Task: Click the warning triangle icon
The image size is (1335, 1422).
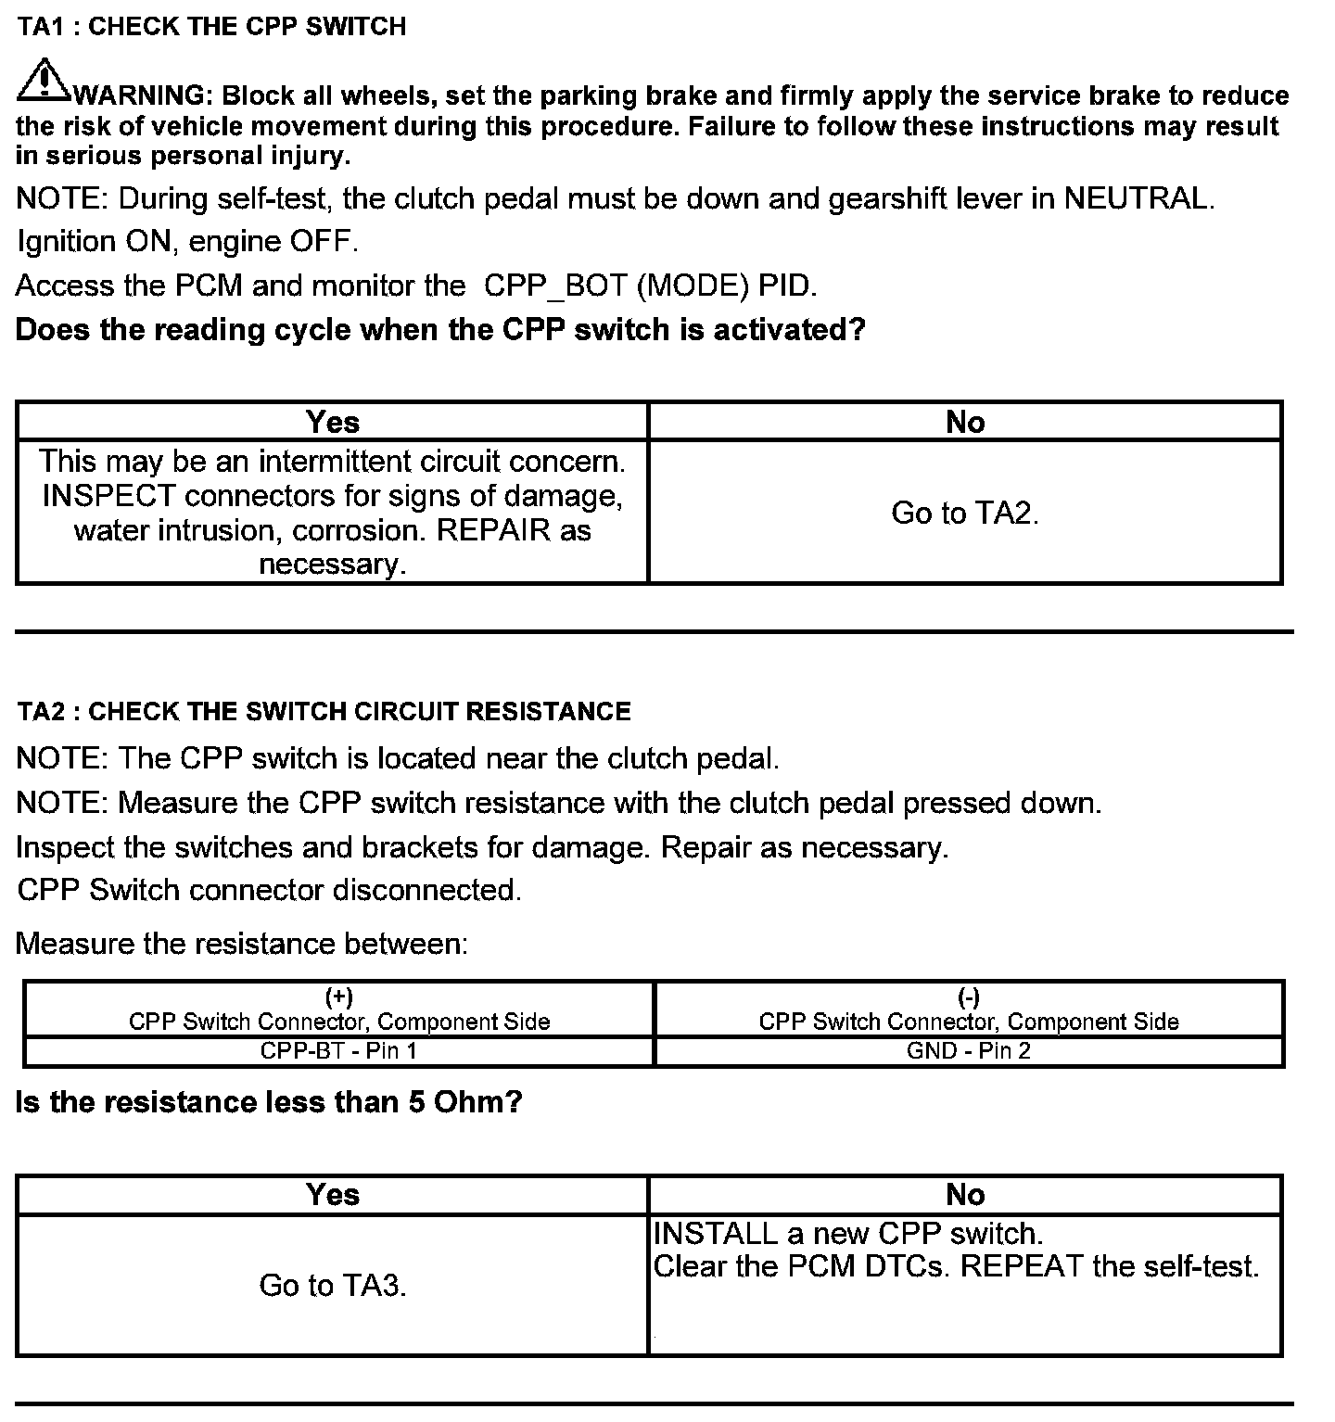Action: point(43,82)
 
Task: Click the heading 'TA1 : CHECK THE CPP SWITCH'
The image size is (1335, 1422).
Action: point(211,27)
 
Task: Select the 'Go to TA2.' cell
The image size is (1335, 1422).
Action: point(964,513)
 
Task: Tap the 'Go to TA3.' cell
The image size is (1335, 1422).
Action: point(333,1286)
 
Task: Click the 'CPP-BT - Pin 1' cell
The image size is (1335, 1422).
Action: point(338,1051)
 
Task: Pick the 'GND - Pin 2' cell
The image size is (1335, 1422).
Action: point(968,1051)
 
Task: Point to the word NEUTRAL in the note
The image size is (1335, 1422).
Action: point(1137,198)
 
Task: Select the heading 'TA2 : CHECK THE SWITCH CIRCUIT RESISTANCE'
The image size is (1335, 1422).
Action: point(324,712)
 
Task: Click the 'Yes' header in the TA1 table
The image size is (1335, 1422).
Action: point(332,422)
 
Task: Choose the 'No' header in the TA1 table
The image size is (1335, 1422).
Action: point(964,422)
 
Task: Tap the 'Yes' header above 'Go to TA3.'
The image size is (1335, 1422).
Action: point(332,1195)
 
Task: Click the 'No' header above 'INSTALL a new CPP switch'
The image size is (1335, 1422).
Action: point(964,1195)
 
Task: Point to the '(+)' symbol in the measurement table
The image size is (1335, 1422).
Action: point(338,997)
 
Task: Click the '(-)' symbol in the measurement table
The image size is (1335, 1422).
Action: point(968,997)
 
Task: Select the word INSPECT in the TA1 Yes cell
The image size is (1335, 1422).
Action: point(108,496)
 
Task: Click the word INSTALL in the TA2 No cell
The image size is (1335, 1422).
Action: point(715,1234)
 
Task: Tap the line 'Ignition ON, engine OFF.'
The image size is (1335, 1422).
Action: point(187,242)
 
